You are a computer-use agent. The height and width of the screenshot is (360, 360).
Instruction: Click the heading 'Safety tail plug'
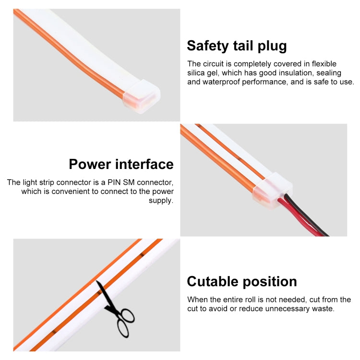coord(237,46)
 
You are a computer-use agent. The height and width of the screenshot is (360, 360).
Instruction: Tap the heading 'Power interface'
coord(121,164)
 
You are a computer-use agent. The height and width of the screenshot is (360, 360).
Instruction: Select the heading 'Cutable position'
coord(242,282)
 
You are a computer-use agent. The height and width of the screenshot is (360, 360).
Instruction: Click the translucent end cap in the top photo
coord(142,96)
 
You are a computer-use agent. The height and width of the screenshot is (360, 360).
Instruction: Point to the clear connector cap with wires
coord(272,191)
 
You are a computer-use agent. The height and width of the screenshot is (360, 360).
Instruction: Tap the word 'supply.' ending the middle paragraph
coord(161,201)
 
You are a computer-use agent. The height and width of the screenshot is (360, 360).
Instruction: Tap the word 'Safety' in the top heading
coord(208,46)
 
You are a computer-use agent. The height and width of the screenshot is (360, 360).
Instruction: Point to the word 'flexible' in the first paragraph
coord(324,63)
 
